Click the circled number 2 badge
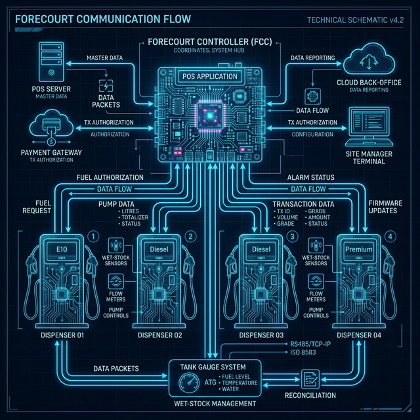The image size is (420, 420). click(190, 236)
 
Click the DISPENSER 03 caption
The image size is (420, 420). click(261, 336)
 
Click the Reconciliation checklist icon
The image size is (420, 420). click(309, 379)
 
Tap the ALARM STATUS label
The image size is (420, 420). click(311, 177)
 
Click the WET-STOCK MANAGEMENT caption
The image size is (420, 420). click(209, 404)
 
